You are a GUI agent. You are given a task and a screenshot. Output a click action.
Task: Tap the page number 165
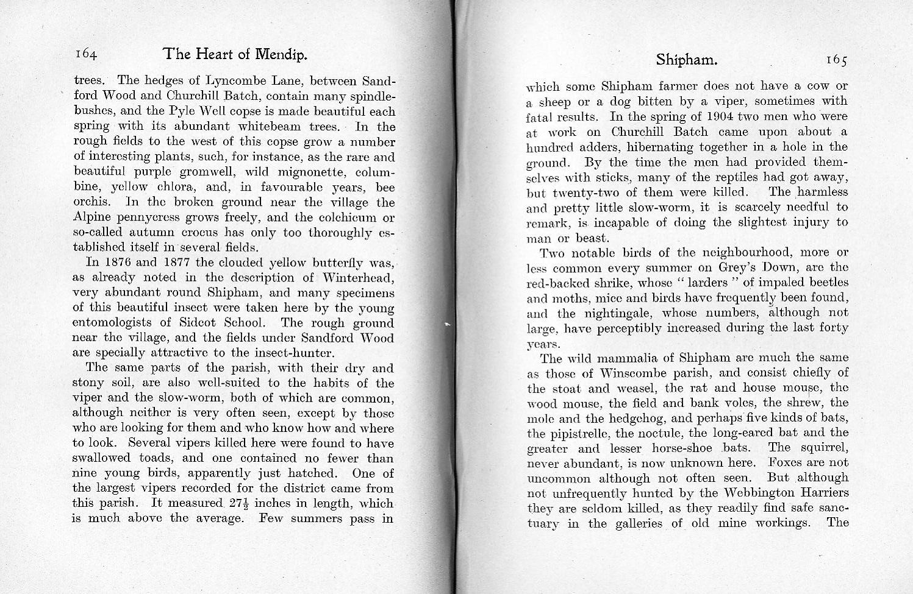click(836, 60)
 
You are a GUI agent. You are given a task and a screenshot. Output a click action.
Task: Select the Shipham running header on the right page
click(686, 60)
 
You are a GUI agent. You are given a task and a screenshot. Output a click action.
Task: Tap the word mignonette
click(295, 172)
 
